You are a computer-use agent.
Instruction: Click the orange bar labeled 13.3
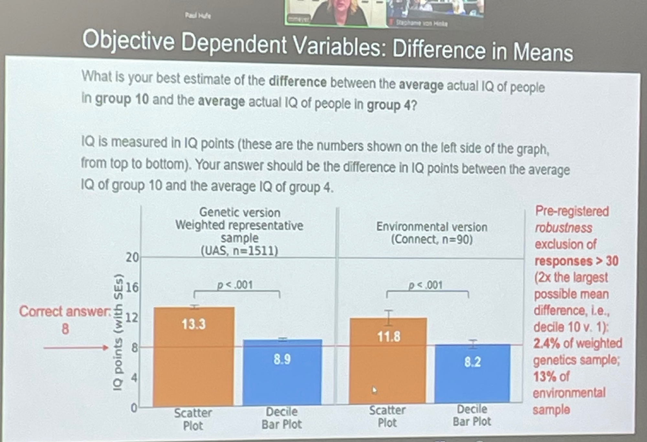(x=194, y=356)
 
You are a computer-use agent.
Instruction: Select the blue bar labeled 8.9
(x=282, y=372)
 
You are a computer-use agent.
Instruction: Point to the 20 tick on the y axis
(x=132, y=258)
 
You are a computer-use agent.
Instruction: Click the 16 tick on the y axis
(x=132, y=287)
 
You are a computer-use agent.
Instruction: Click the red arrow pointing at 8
(x=76, y=348)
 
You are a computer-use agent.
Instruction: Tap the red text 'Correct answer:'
(x=65, y=311)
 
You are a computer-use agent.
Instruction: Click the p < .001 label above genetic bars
(x=235, y=285)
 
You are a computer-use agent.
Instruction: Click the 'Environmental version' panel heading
(x=432, y=227)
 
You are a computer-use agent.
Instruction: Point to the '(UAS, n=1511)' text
(x=239, y=251)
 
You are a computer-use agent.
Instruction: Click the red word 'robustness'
(x=563, y=228)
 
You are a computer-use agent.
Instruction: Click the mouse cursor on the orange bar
(x=374, y=390)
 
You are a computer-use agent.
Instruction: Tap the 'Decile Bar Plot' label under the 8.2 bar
(x=472, y=415)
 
